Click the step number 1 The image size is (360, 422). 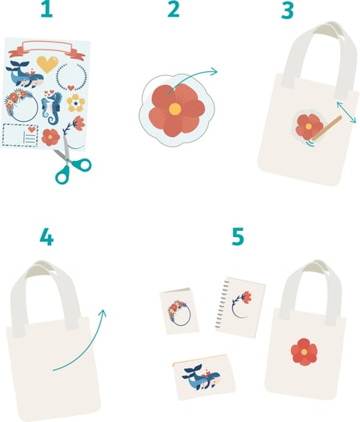tap(46, 10)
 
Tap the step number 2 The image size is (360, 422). tap(174, 10)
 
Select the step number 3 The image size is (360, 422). tap(287, 10)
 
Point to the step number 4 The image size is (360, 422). tap(46, 236)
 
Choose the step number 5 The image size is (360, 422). tap(238, 236)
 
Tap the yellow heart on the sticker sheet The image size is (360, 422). tap(47, 64)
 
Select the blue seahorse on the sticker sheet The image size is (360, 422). tap(51, 107)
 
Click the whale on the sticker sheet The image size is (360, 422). tap(26, 74)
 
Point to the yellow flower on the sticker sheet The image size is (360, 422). tap(75, 102)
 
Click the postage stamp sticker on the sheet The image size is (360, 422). tap(21, 135)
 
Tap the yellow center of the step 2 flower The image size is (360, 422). tap(174, 108)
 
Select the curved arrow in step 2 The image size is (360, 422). tap(192, 78)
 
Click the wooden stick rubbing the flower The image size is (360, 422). tap(327, 128)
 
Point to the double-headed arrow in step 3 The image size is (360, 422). tap(346, 112)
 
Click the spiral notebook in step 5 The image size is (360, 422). tap(240, 307)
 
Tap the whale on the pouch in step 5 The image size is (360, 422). tap(201, 378)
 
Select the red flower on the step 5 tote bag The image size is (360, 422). tap(304, 352)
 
